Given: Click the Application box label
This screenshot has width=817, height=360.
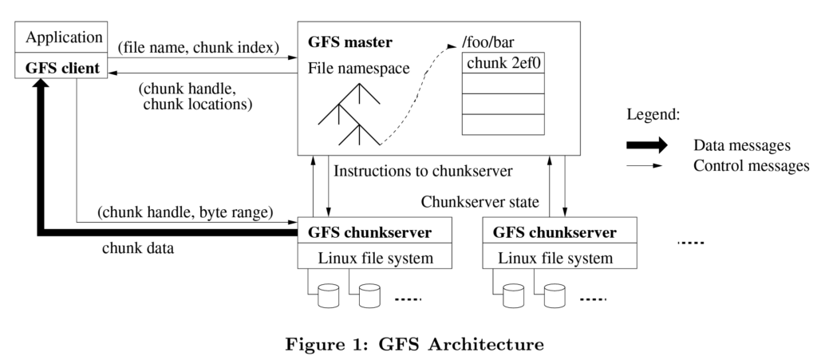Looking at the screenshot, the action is (64, 38).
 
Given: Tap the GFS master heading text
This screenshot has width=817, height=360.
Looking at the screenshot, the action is (350, 42).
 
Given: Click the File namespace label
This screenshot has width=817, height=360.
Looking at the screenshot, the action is (358, 69).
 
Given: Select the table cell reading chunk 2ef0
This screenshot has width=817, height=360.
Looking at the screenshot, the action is (503, 63).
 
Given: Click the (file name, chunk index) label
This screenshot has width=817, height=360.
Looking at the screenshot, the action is (199, 47).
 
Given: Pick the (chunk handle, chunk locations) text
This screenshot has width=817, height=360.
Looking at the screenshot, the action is (195, 97).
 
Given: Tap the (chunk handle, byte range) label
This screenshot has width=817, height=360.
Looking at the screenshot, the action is (185, 212).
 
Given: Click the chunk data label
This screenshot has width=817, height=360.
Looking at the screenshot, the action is (138, 248).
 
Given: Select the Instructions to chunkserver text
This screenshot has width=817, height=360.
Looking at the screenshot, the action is (423, 171).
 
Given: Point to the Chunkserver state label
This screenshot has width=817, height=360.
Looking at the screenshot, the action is (480, 202).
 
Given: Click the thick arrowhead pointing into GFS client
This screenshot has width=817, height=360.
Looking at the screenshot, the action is (41, 83).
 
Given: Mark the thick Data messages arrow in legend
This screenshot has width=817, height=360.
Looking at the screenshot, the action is (646, 145).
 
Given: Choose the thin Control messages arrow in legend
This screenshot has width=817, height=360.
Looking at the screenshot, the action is (645, 166).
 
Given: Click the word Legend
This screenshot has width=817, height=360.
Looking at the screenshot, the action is (653, 115).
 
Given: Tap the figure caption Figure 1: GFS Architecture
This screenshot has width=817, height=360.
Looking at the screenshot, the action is (415, 344).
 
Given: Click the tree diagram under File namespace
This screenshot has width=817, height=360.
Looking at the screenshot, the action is (349, 115).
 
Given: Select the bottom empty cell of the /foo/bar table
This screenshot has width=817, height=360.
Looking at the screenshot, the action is (503, 125).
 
